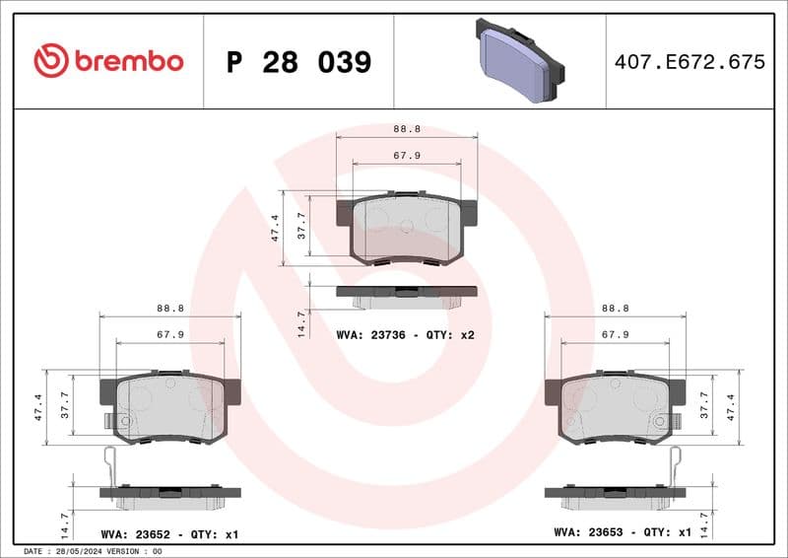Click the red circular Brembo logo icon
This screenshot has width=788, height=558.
[50, 61]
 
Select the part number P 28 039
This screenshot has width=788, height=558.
[298, 62]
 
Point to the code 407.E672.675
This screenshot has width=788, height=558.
[689, 62]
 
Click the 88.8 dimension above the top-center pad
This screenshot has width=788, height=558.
[406, 128]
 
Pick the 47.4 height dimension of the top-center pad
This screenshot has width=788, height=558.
[276, 228]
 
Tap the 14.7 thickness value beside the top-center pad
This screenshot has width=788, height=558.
[302, 323]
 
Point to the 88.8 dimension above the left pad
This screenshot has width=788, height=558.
[170, 308]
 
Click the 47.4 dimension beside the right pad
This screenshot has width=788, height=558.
[731, 407]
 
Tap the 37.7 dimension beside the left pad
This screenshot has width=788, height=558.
[65, 407]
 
